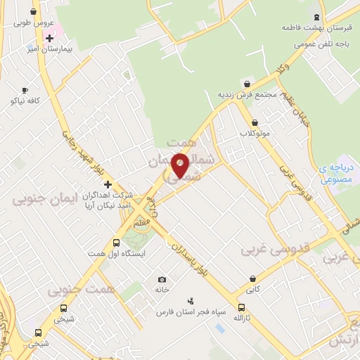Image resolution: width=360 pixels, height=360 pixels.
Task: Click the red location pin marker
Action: tap(180, 165)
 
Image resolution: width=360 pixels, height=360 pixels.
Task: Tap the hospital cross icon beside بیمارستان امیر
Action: tap(49, 38)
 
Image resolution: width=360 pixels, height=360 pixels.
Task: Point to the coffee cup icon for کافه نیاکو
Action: tap(25, 90)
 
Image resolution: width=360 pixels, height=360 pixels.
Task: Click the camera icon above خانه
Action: tap(162, 279)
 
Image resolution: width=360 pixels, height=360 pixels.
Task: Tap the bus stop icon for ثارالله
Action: tap(241, 307)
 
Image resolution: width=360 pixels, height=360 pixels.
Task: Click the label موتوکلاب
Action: tap(255, 133)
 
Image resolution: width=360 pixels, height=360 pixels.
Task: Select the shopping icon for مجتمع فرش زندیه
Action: tap(245, 84)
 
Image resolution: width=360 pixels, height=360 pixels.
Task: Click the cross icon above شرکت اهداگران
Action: tap(107, 184)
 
